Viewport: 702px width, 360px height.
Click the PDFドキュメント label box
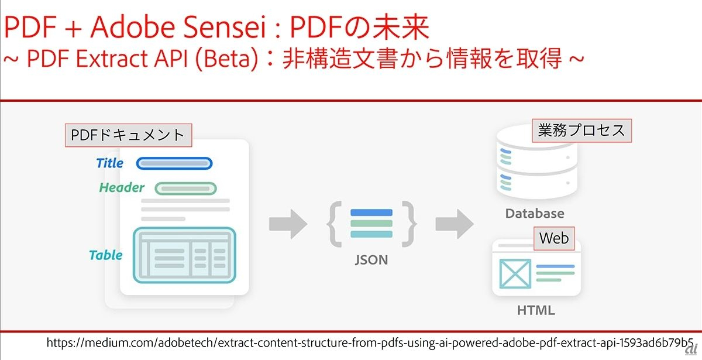point(128,135)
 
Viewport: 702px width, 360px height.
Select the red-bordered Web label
point(553,238)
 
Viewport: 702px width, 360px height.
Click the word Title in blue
point(110,163)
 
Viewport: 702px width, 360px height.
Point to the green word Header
point(122,188)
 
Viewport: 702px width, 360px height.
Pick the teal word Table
point(106,255)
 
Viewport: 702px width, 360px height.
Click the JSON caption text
point(371,259)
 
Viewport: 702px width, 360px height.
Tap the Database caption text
point(535,214)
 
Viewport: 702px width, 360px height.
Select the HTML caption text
point(535,310)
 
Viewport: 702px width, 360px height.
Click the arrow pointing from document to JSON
point(288,222)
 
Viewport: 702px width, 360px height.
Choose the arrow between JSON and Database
point(454,222)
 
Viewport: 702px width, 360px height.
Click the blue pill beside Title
point(174,163)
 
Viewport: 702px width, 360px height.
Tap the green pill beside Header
point(185,188)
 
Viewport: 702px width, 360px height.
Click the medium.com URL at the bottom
point(369,342)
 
